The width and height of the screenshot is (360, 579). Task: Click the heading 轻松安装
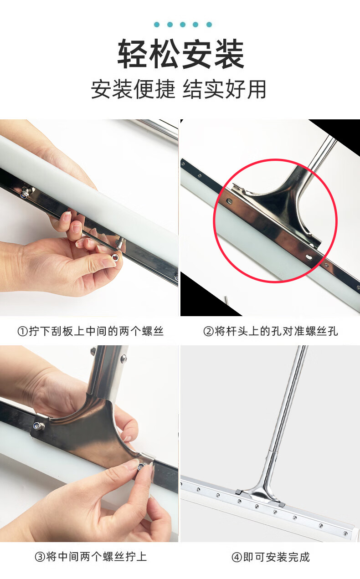point(181,54)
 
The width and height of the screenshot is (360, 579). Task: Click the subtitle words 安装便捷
point(133,89)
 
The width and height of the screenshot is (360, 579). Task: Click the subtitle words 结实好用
point(225,89)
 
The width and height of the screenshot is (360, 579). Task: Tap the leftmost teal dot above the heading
point(157,25)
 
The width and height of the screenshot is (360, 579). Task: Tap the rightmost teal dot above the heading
point(209,25)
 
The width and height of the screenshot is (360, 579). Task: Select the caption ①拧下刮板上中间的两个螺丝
point(90,331)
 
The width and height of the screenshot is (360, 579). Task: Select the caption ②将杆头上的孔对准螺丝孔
point(271,331)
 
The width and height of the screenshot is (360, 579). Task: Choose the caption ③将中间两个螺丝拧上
point(91,557)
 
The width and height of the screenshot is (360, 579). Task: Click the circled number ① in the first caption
point(22,331)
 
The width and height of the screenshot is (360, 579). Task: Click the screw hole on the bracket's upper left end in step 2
point(229,200)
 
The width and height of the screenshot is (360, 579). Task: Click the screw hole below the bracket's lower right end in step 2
point(309,257)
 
